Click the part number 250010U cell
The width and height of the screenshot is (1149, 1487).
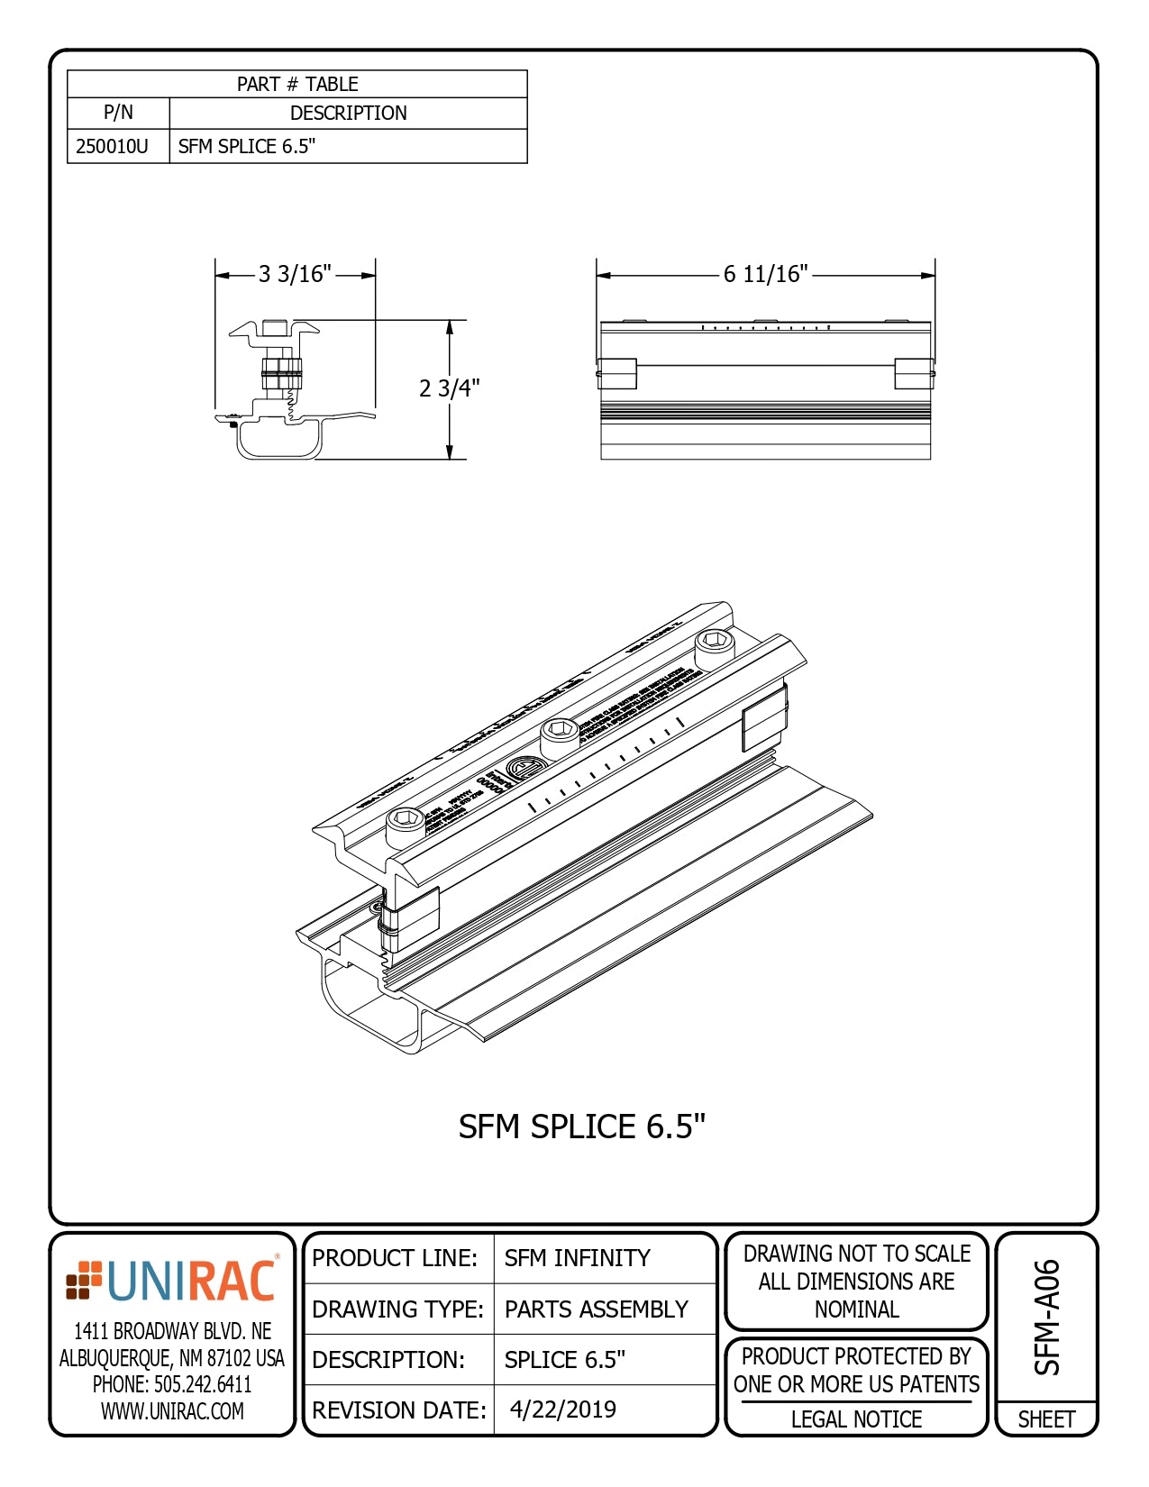pos(113,146)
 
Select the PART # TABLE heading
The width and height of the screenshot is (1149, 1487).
pos(297,84)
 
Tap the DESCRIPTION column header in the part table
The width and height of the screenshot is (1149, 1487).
pos(348,113)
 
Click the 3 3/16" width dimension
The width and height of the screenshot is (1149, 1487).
pos(295,274)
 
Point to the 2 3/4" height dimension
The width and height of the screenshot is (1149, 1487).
pos(449,388)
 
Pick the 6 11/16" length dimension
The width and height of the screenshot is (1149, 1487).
pos(765,274)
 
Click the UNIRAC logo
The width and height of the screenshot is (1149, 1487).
pos(171,1281)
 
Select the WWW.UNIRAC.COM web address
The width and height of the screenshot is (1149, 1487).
pos(171,1411)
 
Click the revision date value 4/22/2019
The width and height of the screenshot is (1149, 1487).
pos(563,1409)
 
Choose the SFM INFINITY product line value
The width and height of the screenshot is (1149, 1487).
pos(577,1258)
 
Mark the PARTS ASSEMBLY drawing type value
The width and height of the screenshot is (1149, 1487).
pos(596,1309)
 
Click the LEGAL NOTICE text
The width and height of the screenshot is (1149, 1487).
pos(856,1419)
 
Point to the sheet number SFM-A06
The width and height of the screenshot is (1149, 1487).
pos(1047,1317)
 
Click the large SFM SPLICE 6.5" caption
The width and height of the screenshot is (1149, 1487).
pos(581,1127)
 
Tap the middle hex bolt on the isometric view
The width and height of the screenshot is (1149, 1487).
pos(560,732)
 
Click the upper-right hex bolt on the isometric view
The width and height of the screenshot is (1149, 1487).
pos(715,643)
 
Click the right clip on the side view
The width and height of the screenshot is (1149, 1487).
pos(914,373)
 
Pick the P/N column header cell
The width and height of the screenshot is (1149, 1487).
pos(118,113)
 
